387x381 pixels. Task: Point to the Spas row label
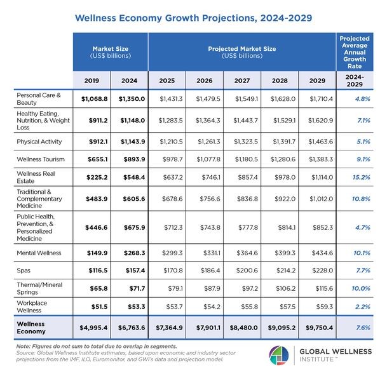pos(24,270)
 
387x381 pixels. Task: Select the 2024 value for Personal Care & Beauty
pos(131,98)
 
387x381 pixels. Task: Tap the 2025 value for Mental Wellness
pos(168,252)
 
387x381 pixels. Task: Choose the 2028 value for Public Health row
pos(279,228)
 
